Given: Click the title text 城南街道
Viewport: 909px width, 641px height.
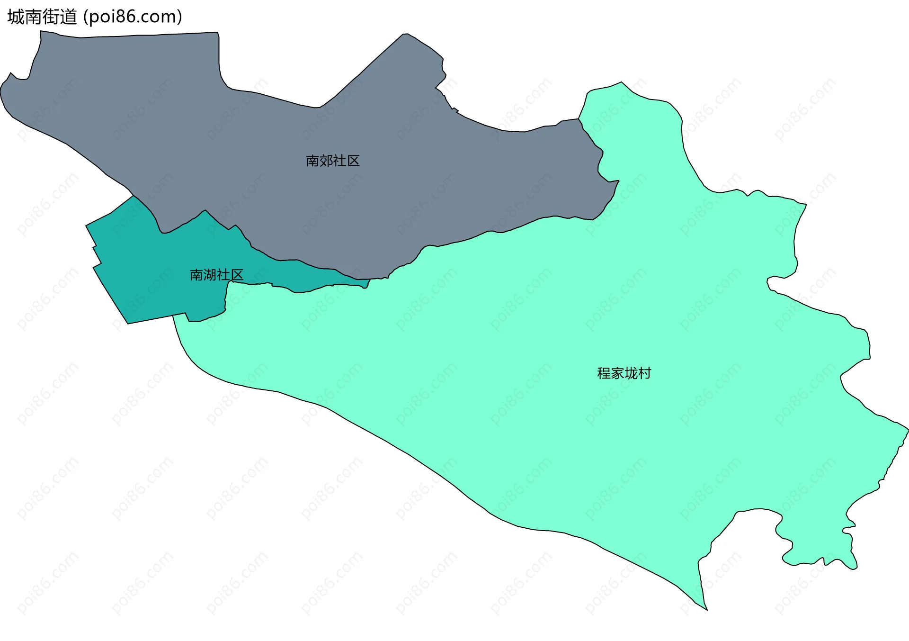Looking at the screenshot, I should click(42, 17).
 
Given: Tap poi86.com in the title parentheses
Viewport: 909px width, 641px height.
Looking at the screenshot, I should click(133, 17).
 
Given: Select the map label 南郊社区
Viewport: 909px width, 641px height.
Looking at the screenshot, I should click(333, 161).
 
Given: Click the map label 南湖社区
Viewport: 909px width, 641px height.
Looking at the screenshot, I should click(216, 275).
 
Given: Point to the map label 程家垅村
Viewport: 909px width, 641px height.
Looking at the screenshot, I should click(624, 374).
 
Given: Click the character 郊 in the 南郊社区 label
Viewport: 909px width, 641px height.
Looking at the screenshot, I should click(326, 161).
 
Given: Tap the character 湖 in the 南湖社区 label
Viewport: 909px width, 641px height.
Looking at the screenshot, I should click(210, 275).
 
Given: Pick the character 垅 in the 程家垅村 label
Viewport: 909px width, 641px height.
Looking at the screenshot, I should click(631, 374).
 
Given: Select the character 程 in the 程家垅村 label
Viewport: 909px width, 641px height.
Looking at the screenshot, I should click(604, 374).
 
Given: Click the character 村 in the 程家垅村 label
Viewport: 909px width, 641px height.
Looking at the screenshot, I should click(644, 374).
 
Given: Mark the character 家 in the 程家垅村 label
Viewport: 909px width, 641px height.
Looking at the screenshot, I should click(617, 374).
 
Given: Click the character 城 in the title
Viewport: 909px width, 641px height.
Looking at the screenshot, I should click(16, 17).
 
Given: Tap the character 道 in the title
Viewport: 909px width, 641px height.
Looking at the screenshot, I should click(68, 17).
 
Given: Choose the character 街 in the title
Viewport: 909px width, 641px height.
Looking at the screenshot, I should click(51, 17).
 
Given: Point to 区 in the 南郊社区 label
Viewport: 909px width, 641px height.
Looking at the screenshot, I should click(353, 161).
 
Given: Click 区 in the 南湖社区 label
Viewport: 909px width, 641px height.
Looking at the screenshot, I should click(237, 275).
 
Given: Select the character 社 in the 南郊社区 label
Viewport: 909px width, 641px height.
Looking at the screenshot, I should click(340, 161).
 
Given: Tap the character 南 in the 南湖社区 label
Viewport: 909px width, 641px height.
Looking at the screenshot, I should click(196, 275).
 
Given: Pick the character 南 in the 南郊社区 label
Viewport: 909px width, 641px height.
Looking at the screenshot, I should click(312, 161).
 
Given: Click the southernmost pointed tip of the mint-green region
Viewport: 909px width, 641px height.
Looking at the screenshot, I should click(707, 610).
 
